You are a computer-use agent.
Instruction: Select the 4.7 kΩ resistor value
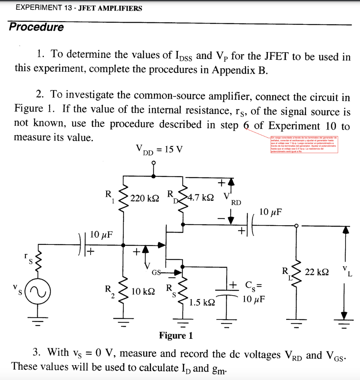coord(201,197)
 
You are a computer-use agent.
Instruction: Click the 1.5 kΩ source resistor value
coord(202,302)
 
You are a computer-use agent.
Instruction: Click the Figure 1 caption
coord(176,335)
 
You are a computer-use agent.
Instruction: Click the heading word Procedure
coord(36,27)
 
